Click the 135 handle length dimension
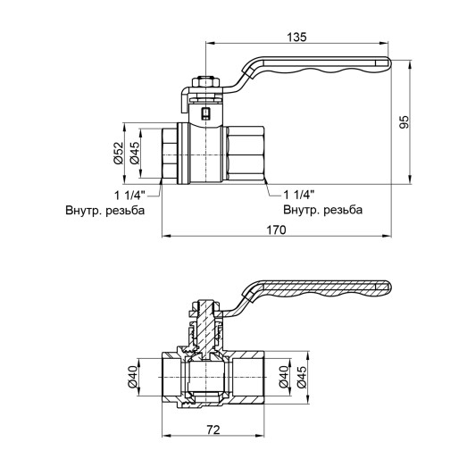click(298, 37)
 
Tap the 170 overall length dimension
click(276, 230)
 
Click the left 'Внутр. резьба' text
click(104, 211)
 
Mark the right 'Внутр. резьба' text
click(321, 211)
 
